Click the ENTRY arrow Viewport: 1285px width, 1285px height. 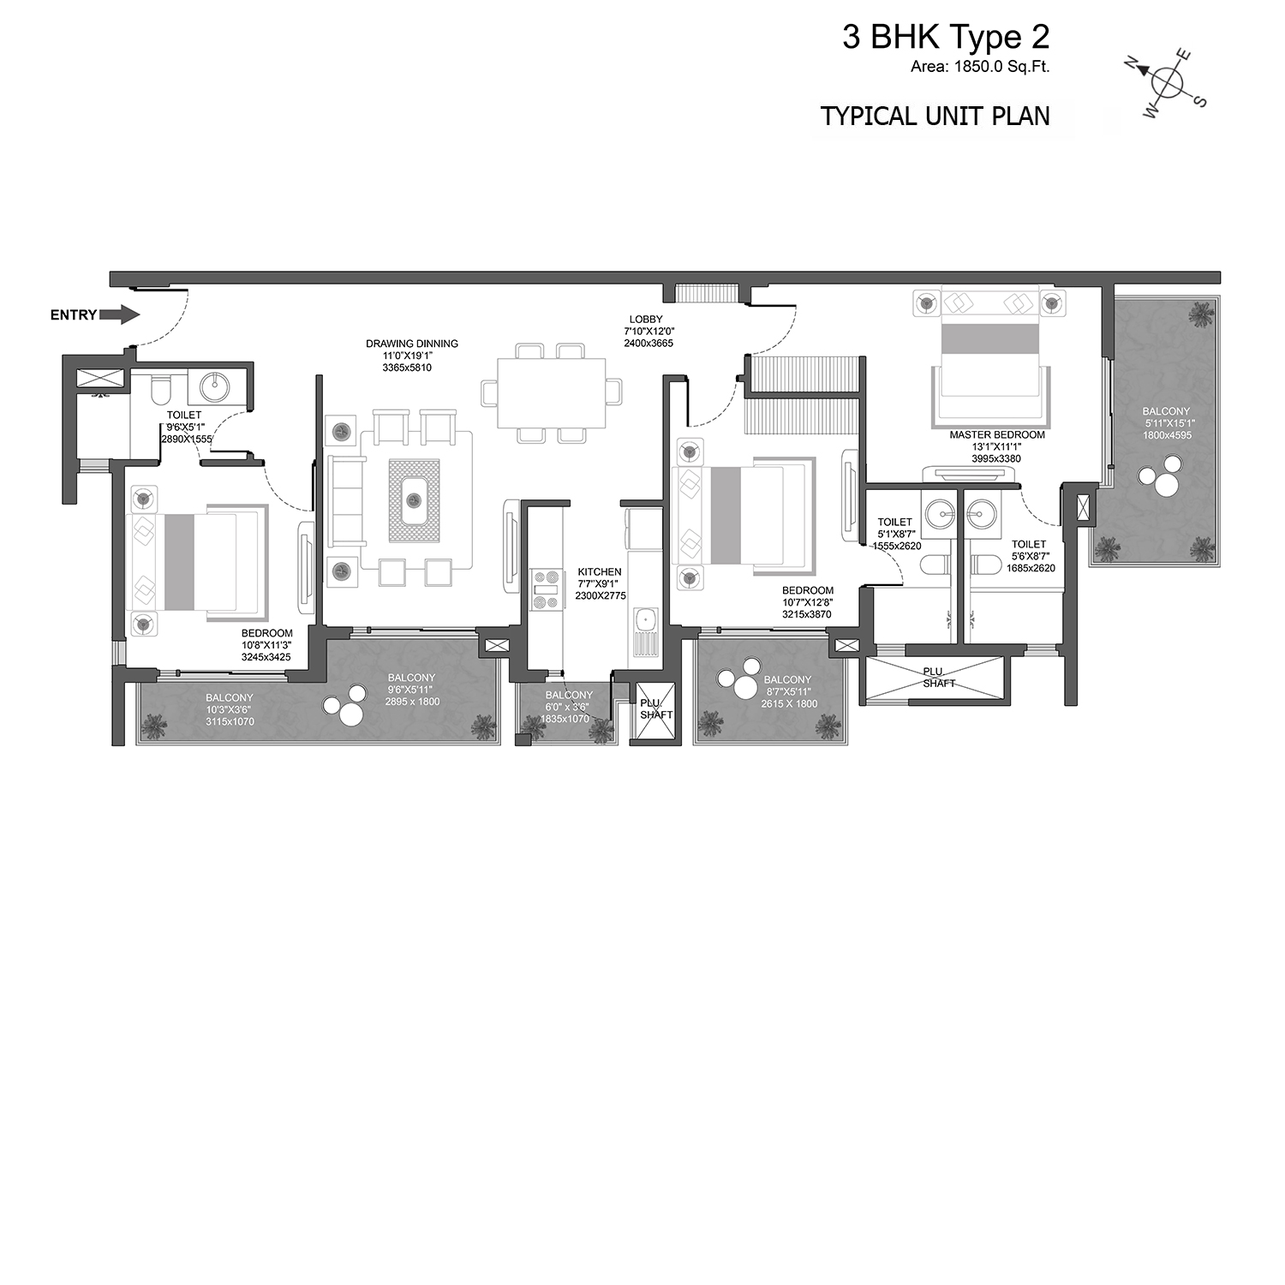(x=119, y=315)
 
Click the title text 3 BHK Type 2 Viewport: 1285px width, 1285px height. (x=946, y=37)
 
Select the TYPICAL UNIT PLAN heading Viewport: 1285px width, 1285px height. (x=935, y=116)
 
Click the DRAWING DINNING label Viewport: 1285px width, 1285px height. (x=412, y=344)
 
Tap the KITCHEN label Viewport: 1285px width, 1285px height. (x=600, y=571)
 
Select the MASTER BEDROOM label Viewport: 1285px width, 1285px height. (x=997, y=434)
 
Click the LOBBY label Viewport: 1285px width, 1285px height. (x=643, y=320)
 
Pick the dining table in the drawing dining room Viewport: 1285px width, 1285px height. (x=552, y=392)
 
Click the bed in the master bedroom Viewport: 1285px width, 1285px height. (x=989, y=355)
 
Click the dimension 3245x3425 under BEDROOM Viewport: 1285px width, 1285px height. (x=266, y=658)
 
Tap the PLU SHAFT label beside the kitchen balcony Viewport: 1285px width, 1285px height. (x=656, y=708)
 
